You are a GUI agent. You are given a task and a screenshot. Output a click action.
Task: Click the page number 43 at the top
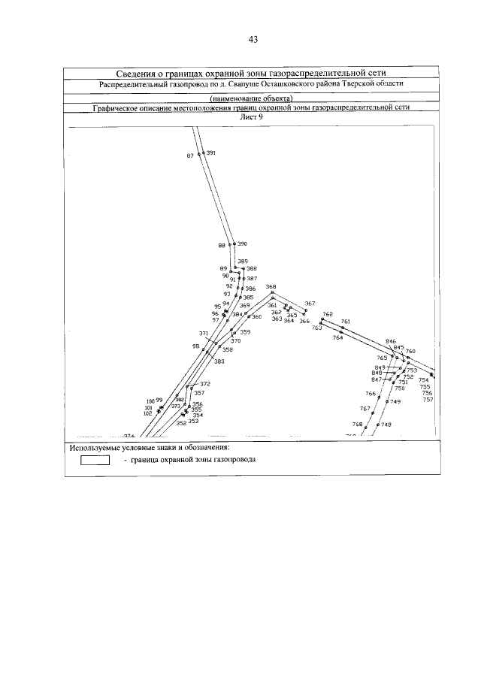(252, 39)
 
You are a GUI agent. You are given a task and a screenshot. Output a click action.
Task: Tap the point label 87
(190, 156)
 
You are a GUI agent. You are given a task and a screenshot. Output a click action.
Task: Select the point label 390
(242, 244)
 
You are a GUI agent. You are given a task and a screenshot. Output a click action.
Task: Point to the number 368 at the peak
(271, 287)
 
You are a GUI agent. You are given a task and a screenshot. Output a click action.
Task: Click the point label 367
(310, 304)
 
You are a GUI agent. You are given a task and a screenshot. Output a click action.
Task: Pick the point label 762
(328, 314)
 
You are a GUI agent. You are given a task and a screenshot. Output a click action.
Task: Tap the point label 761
(346, 322)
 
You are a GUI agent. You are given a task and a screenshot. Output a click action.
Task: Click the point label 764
(337, 338)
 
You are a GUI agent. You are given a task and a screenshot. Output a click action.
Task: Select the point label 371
(204, 333)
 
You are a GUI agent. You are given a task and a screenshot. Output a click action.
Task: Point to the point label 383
(219, 361)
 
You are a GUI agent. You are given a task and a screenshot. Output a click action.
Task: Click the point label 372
(205, 384)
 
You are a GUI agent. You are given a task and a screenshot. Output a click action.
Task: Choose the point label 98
(195, 346)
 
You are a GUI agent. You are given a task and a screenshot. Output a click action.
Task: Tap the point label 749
(395, 402)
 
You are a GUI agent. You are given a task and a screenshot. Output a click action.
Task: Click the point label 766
(370, 394)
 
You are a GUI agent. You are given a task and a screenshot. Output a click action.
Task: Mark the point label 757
(428, 400)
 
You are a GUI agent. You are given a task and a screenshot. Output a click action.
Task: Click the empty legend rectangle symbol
(95, 461)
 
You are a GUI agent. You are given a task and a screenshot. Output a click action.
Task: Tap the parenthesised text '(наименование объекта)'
(251, 99)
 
